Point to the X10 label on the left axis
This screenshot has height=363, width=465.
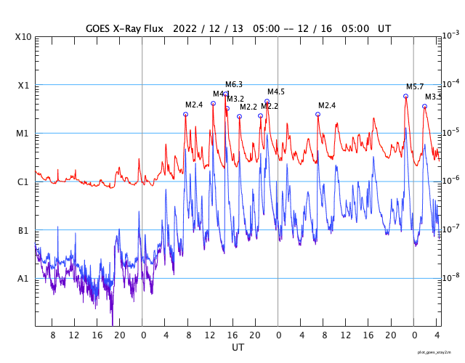(23, 37)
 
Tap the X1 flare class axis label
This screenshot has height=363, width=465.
(23, 85)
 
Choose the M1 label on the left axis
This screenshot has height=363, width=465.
(23, 134)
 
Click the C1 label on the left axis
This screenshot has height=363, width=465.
(23, 182)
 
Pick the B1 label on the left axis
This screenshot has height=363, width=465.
(23, 231)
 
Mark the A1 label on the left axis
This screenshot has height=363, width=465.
(23, 279)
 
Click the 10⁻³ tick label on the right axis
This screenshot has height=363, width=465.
(450, 36)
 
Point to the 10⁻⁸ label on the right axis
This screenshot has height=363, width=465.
(450, 277)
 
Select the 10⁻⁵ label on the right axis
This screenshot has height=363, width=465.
(450, 132)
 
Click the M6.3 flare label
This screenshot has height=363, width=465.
(234, 85)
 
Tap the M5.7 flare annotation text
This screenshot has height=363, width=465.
(415, 86)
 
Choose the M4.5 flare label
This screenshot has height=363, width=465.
(276, 92)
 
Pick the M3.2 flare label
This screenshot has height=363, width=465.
(235, 99)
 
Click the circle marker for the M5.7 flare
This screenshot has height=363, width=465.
(405, 96)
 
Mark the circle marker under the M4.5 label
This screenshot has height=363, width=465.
(267, 101)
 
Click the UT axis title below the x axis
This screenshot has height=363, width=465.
(238, 348)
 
